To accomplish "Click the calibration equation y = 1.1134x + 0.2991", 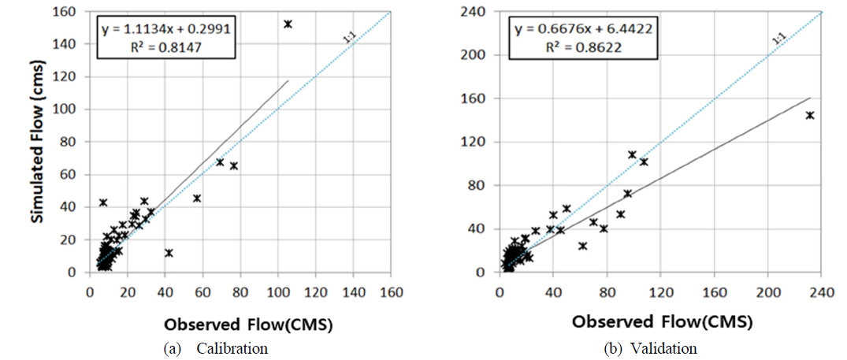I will tap(165, 30).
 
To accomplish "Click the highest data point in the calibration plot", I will tap(288, 24).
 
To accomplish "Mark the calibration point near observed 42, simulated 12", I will tap(169, 253).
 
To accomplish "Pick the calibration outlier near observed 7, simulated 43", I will tap(102, 202).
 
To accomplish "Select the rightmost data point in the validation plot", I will tap(809, 115).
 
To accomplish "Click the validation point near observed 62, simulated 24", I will tap(582, 246).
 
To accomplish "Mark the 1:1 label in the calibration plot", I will tap(348, 37).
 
